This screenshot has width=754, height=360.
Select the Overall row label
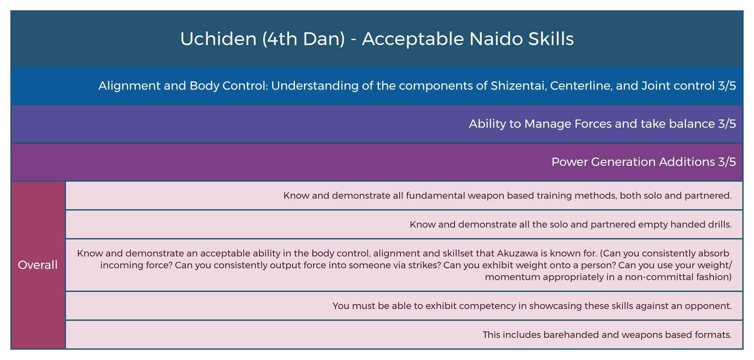point(38,265)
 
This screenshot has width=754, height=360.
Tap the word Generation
point(622,162)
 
